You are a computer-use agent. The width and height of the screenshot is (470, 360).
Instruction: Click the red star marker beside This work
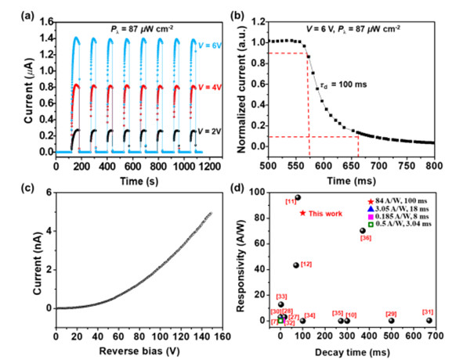pyautogui.click(x=302, y=213)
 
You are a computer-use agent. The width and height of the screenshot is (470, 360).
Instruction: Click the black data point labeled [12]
pyautogui.click(x=296, y=265)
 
